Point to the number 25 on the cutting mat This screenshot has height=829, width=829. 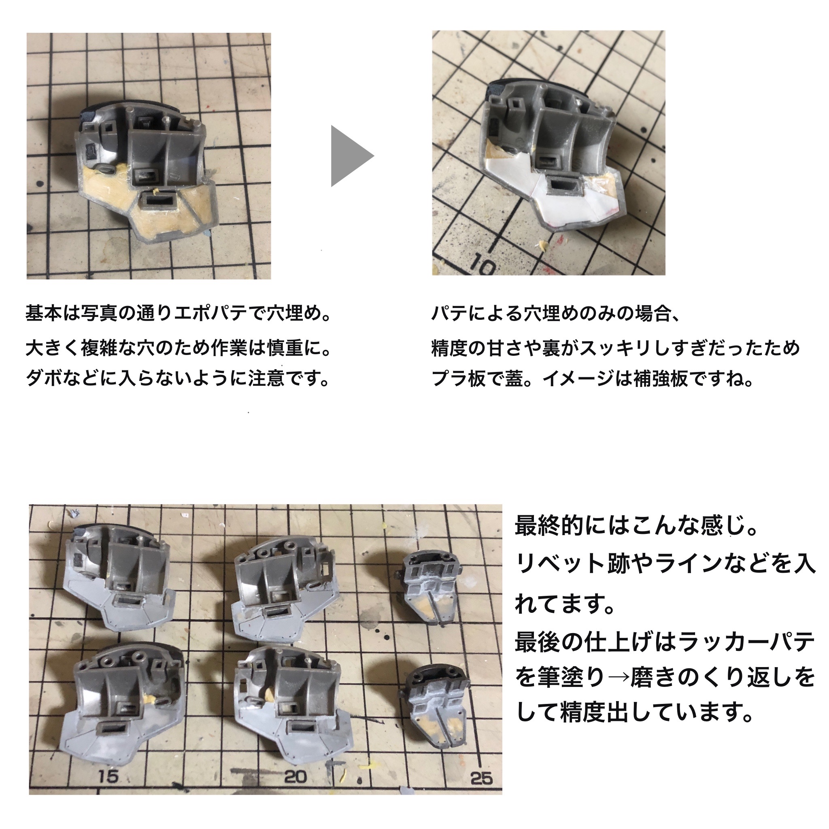[x=481, y=778]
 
